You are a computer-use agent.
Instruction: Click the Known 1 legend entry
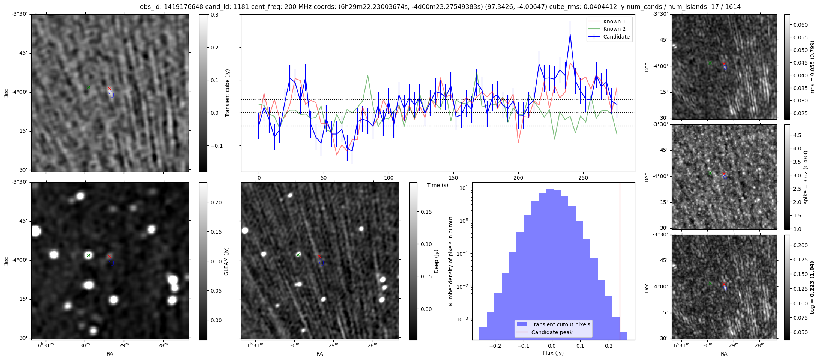614,21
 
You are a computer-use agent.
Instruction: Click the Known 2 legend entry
614,29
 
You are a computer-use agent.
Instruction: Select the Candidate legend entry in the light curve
616,37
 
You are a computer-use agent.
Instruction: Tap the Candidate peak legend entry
552,332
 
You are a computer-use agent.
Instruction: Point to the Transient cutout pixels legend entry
560,324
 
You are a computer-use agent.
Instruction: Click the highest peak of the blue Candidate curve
570,34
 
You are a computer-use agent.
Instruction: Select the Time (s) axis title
438,185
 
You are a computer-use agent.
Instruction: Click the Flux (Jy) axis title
553,353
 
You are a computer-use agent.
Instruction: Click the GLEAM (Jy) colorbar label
226,261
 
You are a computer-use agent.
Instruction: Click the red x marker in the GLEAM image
109,256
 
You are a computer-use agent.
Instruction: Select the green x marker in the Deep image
298,255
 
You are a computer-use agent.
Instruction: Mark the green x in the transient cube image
88,87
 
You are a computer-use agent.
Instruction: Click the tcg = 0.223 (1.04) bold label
812,287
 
